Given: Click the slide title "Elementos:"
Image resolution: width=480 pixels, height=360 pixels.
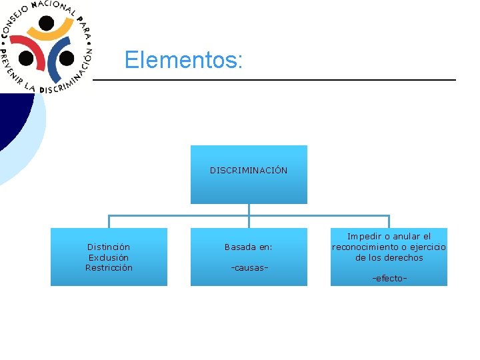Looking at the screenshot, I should click(x=183, y=61).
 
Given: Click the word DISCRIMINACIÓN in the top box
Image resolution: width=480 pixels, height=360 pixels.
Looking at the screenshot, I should click(x=249, y=171).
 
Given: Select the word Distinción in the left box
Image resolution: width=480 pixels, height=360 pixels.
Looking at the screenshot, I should click(x=109, y=247).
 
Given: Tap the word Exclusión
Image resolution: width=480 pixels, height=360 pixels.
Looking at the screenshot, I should click(x=109, y=257).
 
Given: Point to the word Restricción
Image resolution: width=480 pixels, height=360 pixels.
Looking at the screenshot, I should click(x=109, y=268).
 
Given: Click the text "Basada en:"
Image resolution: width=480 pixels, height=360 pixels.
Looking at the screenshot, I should click(x=248, y=247).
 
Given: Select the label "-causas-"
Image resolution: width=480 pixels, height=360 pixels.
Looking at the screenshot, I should click(x=249, y=268).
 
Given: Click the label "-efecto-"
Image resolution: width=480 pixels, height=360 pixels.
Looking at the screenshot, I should click(x=389, y=279).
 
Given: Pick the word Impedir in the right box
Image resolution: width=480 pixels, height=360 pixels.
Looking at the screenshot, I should click(x=363, y=237).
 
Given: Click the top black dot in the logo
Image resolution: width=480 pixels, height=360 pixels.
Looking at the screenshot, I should click(x=46, y=23).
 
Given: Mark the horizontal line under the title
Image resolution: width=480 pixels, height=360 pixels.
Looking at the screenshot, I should click(x=273, y=80).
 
